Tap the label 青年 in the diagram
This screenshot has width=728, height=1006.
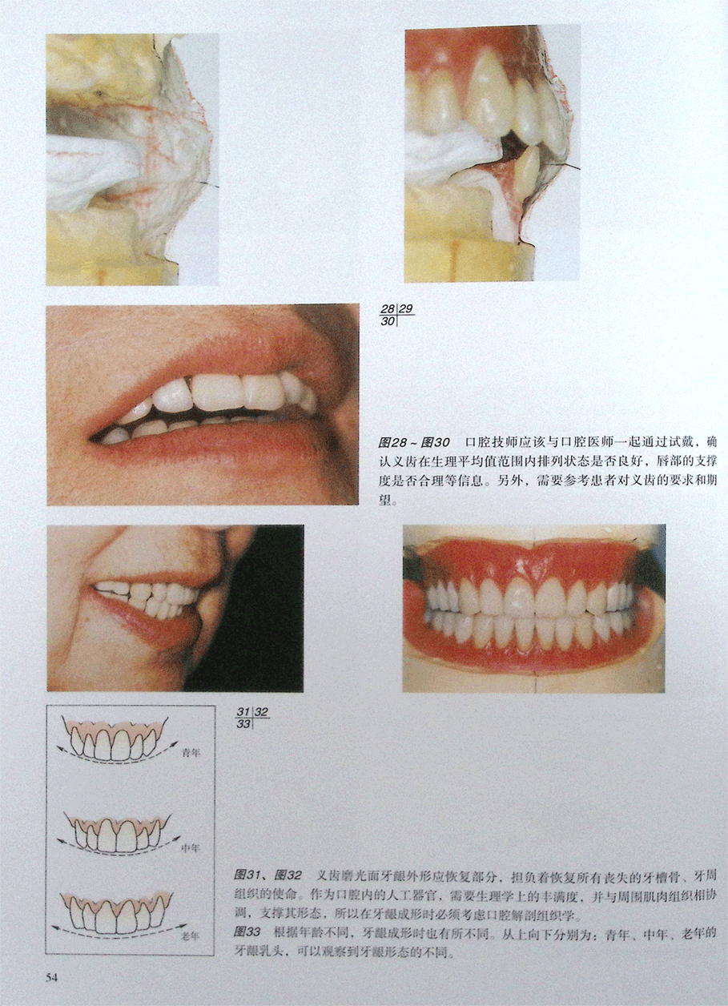(191, 753)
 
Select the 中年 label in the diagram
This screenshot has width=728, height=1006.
(190, 848)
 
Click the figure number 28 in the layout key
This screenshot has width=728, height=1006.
(388, 309)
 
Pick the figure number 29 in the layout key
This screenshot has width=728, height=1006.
(405, 309)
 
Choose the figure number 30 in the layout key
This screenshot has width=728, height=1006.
(388, 321)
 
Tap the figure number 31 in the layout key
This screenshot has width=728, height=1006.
(243, 712)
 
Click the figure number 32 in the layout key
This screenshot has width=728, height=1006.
(261, 712)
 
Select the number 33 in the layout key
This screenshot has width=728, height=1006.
(243, 724)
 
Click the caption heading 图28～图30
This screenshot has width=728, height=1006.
(413, 443)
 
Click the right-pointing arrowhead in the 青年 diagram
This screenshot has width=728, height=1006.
(175, 742)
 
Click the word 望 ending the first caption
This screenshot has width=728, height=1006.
(384, 500)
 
